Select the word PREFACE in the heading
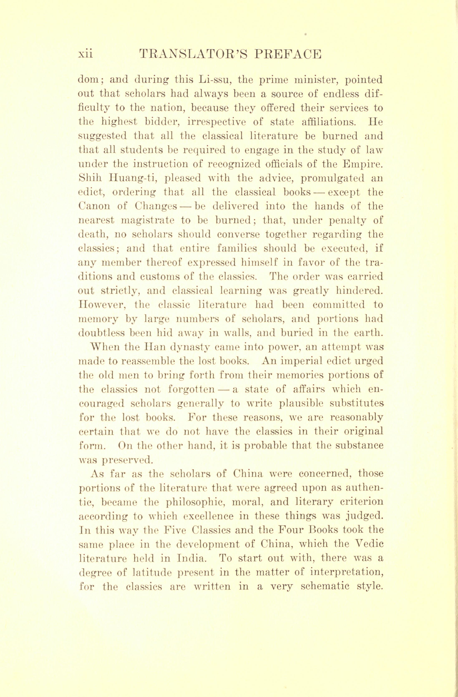click(286, 54)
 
